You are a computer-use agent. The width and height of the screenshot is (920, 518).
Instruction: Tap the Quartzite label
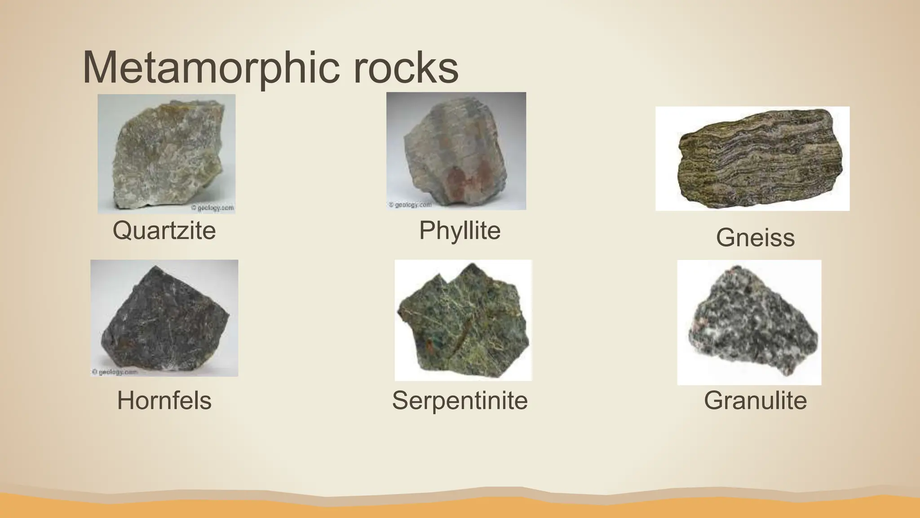164,231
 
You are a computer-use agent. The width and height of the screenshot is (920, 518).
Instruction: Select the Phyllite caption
460,231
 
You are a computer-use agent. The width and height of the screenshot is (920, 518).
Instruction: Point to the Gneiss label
755,237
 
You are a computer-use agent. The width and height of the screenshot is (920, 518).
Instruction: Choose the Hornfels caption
164,400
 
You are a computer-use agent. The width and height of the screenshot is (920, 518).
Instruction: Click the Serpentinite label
460,400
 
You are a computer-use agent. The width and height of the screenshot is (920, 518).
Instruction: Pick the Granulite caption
755,400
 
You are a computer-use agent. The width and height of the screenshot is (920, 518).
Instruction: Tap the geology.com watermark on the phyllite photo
410,205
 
